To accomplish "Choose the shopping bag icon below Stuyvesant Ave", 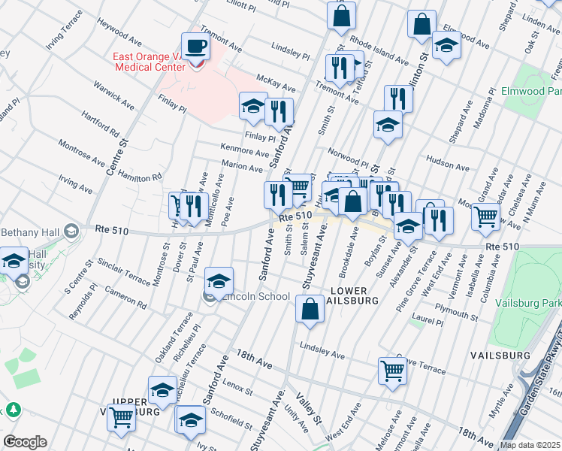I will (x=310, y=308).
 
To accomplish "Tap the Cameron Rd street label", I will (x=125, y=298).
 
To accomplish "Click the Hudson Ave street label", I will (x=443, y=160).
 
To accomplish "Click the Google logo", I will (x=26, y=442).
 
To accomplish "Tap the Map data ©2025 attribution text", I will (x=530, y=445).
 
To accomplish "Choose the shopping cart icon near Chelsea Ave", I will (x=486, y=216).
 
